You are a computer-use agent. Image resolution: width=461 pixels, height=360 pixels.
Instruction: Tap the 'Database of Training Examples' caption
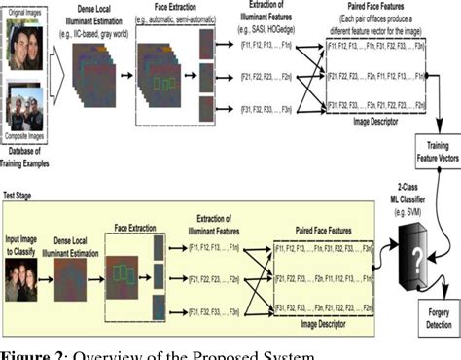[x=27, y=157]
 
